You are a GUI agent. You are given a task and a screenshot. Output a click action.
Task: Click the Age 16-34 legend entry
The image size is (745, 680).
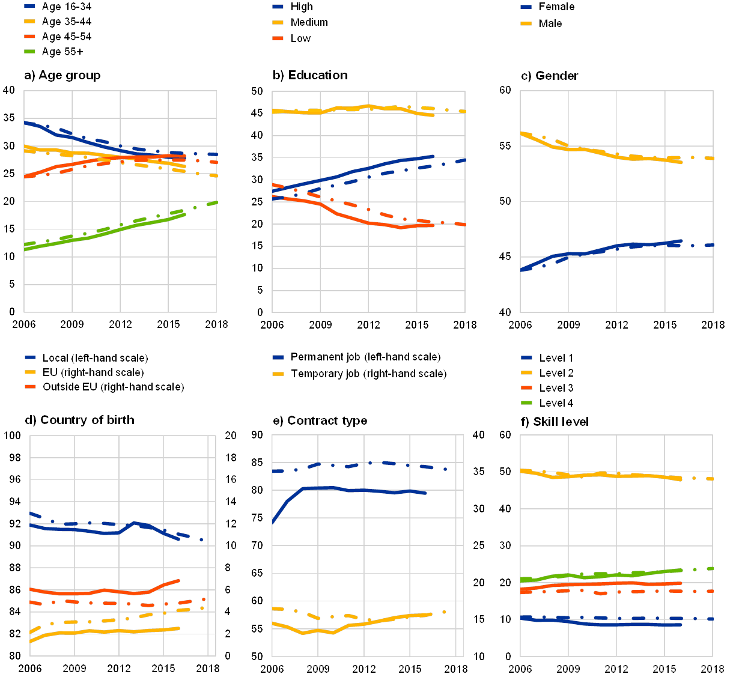coord(66,7)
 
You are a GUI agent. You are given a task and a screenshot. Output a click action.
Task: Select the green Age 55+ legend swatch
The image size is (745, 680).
coord(31,52)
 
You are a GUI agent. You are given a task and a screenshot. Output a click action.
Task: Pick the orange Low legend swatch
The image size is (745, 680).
coord(278,38)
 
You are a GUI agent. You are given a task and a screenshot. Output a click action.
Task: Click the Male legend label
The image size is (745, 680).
coord(551,23)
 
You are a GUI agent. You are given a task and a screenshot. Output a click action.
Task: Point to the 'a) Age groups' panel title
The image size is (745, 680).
coord(62,76)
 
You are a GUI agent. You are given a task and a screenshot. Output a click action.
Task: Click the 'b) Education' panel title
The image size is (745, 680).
coord(311,76)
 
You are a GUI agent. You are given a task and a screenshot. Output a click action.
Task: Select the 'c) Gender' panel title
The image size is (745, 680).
coord(550,76)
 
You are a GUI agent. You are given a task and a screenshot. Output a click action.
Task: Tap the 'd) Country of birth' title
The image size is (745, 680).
coord(79,420)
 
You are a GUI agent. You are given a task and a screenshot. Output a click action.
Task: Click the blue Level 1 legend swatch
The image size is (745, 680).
coord(527,358)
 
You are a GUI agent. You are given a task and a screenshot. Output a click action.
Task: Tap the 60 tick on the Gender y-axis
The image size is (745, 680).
coord(506,90)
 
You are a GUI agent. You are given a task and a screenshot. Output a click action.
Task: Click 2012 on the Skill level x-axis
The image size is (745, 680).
coord(616,668)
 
